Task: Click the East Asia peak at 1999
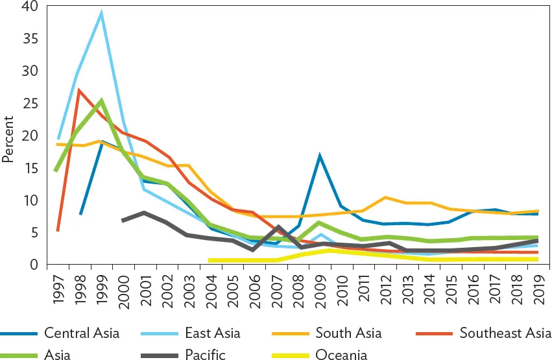tap(101, 13)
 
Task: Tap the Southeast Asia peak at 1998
tap(79, 90)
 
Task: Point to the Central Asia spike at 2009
tap(320, 156)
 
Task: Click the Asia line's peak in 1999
tap(101, 101)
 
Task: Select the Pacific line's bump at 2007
tap(278, 227)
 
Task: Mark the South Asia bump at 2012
tap(386, 197)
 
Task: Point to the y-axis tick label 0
tap(34, 265)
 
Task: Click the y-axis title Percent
tap(8, 138)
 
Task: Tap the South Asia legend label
tap(348, 333)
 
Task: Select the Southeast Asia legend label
tap(505, 333)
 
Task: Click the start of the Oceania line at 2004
tap(211, 260)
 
